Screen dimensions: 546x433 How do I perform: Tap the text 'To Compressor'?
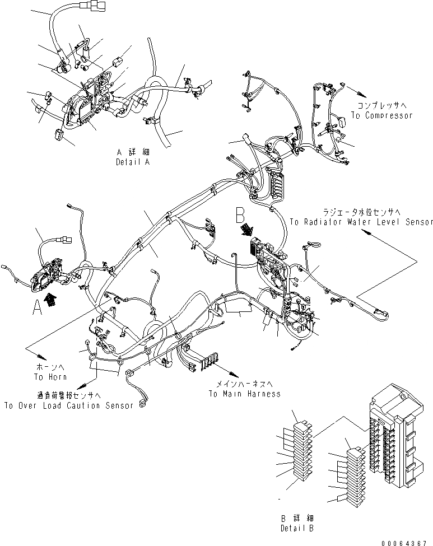[381, 115]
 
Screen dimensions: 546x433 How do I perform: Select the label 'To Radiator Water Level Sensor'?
[361, 222]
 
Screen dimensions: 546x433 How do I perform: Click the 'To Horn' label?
[50, 377]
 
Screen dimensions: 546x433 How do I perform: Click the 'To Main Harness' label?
[244, 394]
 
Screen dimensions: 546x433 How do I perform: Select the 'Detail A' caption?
[133, 161]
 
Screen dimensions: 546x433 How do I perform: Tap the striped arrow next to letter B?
[247, 230]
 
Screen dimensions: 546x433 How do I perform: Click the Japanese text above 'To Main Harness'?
[244, 385]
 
